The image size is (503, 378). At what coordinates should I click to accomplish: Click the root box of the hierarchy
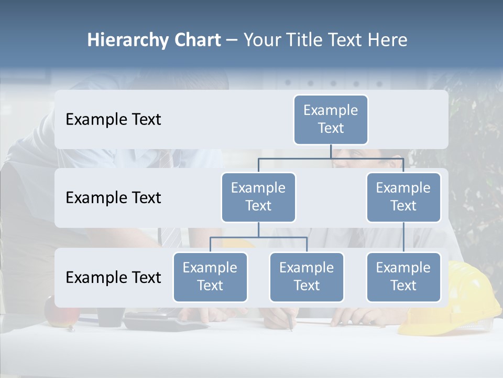click(x=331, y=120)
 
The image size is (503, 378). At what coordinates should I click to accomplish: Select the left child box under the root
click(x=258, y=197)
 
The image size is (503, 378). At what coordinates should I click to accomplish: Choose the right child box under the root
click(x=403, y=197)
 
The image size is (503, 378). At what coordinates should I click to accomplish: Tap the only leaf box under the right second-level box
click(x=403, y=277)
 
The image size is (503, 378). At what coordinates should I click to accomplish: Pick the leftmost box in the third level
click(x=210, y=277)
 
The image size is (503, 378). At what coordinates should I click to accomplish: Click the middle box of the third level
click(x=307, y=277)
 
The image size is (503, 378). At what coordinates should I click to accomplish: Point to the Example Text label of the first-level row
click(x=113, y=120)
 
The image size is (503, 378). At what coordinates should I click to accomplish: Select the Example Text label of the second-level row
click(x=113, y=198)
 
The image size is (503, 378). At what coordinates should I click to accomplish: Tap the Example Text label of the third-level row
click(x=113, y=278)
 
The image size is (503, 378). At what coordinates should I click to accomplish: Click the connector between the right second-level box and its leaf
click(x=403, y=237)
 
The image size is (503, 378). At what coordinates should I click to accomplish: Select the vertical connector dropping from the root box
click(x=331, y=151)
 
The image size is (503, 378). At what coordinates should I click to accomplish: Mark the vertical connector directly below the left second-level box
click(x=258, y=229)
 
